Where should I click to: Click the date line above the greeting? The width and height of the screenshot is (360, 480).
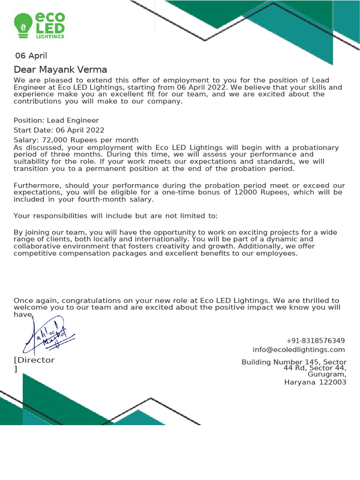coord(31,56)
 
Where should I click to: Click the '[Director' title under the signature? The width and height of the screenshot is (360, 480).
coord(34,360)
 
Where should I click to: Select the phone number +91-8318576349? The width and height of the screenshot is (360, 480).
coord(315,340)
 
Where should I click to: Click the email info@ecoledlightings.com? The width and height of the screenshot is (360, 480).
coord(299,350)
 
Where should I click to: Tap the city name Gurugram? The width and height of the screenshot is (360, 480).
coord(327,374)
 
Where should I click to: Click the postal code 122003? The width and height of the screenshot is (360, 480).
coord(333,382)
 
